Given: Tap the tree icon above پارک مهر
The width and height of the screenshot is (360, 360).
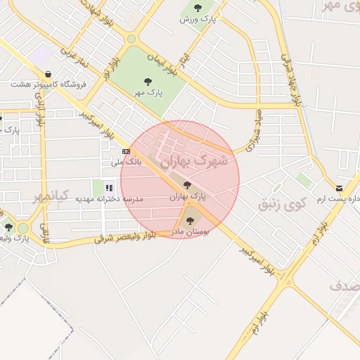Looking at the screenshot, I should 147,81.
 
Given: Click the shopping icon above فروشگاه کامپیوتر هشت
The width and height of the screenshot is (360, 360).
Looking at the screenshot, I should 47,74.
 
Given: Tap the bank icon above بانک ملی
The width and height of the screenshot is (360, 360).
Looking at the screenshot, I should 126,151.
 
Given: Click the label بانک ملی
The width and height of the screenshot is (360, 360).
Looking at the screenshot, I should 127,162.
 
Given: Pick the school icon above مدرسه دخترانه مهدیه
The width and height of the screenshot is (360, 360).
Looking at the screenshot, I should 109,187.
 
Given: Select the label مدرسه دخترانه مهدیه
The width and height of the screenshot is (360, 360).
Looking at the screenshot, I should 109,198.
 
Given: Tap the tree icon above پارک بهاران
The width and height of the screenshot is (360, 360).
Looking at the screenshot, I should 186,186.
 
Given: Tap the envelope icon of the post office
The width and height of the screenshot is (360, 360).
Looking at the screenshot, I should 340,188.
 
